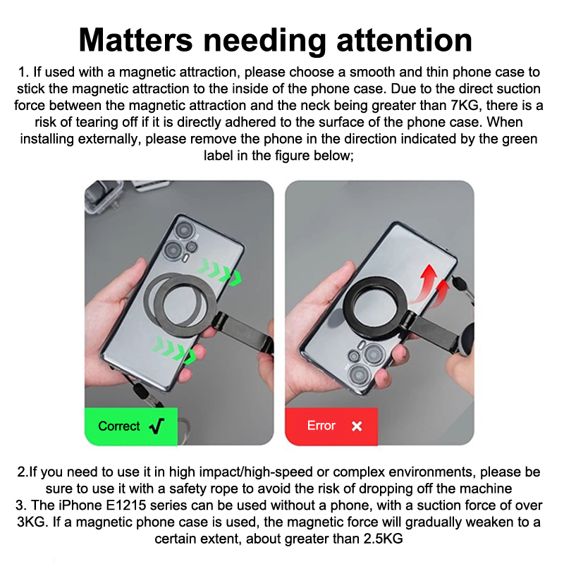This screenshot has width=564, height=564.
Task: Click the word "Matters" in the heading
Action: (135, 40)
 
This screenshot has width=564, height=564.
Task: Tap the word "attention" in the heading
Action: (404, 40)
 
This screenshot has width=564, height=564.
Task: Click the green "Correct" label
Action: (131, 427)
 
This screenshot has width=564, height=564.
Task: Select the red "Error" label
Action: (331, 427)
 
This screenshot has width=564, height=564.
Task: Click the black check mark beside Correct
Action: (157, 427)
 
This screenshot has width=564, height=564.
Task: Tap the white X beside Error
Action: (357, 427)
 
